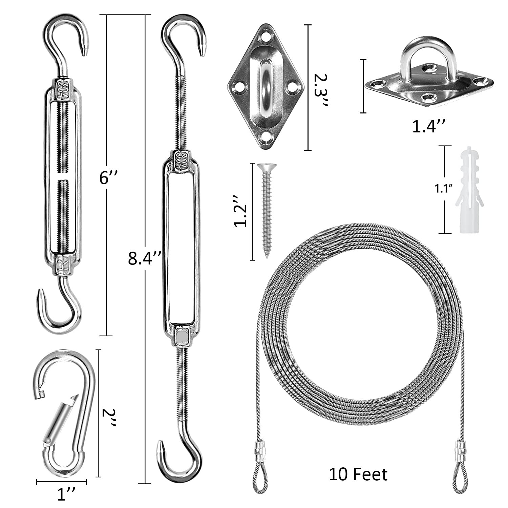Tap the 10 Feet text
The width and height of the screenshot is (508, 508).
(358, 474)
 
